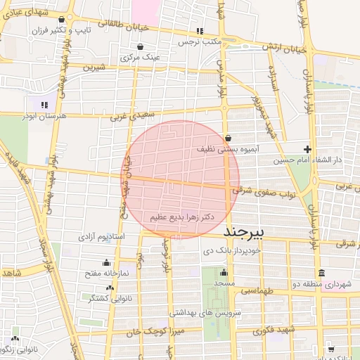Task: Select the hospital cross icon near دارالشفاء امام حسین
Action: [307, 149]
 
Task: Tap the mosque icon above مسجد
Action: [224, 272]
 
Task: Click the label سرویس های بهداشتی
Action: [205, 311]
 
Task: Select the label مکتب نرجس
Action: [199, 41]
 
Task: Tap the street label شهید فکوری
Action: [276, 330]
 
